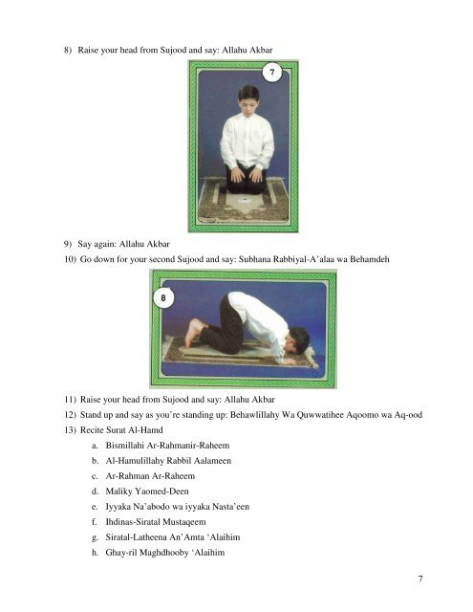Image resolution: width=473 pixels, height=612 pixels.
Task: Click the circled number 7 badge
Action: tap(271, 73)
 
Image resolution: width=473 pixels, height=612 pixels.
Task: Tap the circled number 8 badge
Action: tap(163, 298)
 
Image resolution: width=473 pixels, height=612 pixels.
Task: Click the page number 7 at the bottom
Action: tap(420, 579)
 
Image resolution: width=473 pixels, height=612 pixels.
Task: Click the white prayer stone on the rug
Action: tap(244, 200)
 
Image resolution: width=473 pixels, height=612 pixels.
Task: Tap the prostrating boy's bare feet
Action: tap(195, 332)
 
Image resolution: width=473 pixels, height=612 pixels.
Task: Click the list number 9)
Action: tap(68, 244)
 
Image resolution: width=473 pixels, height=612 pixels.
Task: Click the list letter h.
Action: tap(95, 553)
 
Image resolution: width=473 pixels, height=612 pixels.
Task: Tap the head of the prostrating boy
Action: tap(297, 340)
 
